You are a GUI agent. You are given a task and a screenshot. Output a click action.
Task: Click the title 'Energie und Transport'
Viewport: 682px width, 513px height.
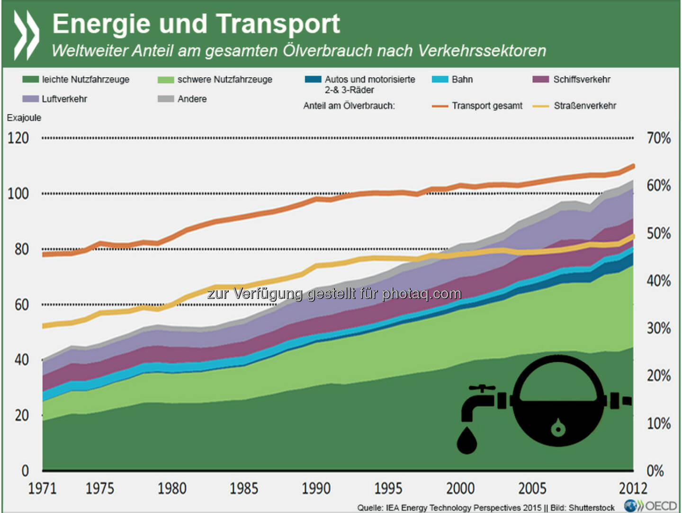pos(196,24)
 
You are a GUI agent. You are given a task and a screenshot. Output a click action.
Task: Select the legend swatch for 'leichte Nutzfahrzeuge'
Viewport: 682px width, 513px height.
pos(30,80)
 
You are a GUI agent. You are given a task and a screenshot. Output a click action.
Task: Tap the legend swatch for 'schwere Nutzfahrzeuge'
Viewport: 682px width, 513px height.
pos(166,80)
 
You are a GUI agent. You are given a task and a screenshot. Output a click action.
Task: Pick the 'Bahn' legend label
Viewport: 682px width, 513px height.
pos(462,80)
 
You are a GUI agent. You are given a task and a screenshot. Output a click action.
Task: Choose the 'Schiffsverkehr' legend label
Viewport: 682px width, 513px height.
pos(582,80)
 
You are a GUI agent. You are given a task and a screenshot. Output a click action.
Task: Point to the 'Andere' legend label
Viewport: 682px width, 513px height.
pos(192,99)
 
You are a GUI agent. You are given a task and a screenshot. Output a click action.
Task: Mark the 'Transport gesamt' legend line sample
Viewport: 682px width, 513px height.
pos(440,106)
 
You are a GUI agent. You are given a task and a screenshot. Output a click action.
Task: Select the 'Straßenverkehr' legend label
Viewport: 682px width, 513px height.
pos(585,106)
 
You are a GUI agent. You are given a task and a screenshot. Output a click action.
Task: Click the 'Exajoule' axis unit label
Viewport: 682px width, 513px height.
pos(24,118)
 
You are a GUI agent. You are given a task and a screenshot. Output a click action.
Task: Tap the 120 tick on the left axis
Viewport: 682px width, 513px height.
pos(18,138)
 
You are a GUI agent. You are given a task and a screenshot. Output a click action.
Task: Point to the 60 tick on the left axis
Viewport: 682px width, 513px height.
pos(22,305)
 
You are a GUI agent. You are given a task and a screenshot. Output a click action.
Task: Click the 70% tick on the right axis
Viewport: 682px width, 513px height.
pos(659,138)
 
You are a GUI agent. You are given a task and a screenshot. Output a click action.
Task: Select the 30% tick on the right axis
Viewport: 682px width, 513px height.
pos(659,328)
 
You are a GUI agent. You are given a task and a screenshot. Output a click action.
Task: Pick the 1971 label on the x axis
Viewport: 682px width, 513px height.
pos(42,488)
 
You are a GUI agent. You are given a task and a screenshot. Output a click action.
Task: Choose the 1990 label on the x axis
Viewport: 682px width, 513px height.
pos(316,488)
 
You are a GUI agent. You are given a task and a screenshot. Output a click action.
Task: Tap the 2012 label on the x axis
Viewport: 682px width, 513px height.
pos(633,488)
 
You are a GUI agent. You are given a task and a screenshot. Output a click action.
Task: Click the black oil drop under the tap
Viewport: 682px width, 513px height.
pos(467,441)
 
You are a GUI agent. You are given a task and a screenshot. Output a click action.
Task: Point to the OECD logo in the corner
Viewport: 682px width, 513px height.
pos(651,506)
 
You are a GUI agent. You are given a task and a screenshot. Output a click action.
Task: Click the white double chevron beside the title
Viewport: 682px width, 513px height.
pos(27,36)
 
